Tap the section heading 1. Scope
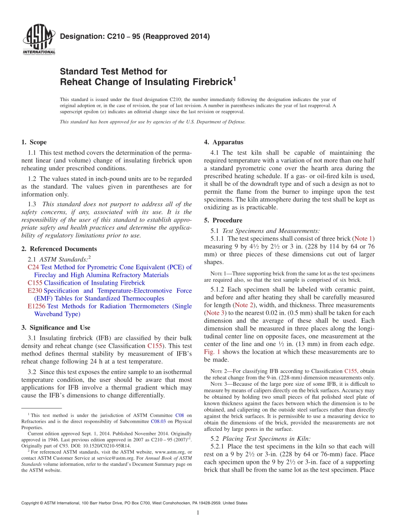click(34, 142)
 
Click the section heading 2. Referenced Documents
click(59, 249)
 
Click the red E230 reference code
click(34, 291)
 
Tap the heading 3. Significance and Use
click(55, 328)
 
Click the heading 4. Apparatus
click(223, 142)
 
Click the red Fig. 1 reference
click(212, 352)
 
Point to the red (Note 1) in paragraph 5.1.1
click(363, 239)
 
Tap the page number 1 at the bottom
click(198, 513)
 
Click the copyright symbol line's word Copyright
click(31, 503)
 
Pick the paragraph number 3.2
click(32, 372)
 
